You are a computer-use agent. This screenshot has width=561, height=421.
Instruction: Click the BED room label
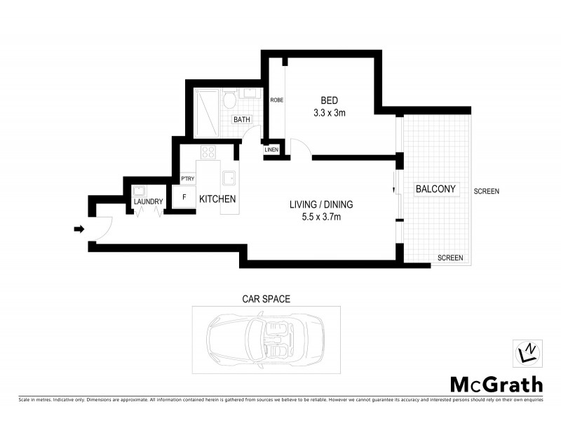click(x=330, y=100)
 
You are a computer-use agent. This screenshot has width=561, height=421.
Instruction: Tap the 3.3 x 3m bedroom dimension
click(x=330, y=112)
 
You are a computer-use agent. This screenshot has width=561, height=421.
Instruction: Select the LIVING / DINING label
click(x=321, y=205)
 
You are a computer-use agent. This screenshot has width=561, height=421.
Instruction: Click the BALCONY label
click(x=435, y=189)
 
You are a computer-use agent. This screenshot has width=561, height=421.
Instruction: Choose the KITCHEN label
click(x=217, y=199)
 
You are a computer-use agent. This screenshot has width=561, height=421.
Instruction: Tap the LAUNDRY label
click(x=148, y=202)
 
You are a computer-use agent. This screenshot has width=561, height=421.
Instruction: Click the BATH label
click(x=242, y=119)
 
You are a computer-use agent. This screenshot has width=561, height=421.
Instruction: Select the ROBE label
click(x=277, y=100)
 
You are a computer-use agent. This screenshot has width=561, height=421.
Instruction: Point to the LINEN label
click(x=272, y=150)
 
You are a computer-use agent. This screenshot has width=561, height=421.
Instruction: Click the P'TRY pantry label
click(x=188, y=179)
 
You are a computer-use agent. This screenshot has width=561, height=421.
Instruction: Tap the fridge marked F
click(x=184, y=197)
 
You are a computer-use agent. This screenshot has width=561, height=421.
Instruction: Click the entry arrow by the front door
click(x=79, y=229)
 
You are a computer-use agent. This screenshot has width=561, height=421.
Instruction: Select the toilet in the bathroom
click(x=229, y=101)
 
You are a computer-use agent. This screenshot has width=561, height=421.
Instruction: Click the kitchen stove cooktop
click(x=208, y=152)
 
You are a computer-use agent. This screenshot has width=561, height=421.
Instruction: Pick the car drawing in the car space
click(x=266, y=338)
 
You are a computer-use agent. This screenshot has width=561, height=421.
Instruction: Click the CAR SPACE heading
click(x=266, y=299)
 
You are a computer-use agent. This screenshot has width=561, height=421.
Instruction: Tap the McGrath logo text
click(x=495, y=384)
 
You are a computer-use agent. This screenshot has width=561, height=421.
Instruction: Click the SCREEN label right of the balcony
click(x=485, y=192)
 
